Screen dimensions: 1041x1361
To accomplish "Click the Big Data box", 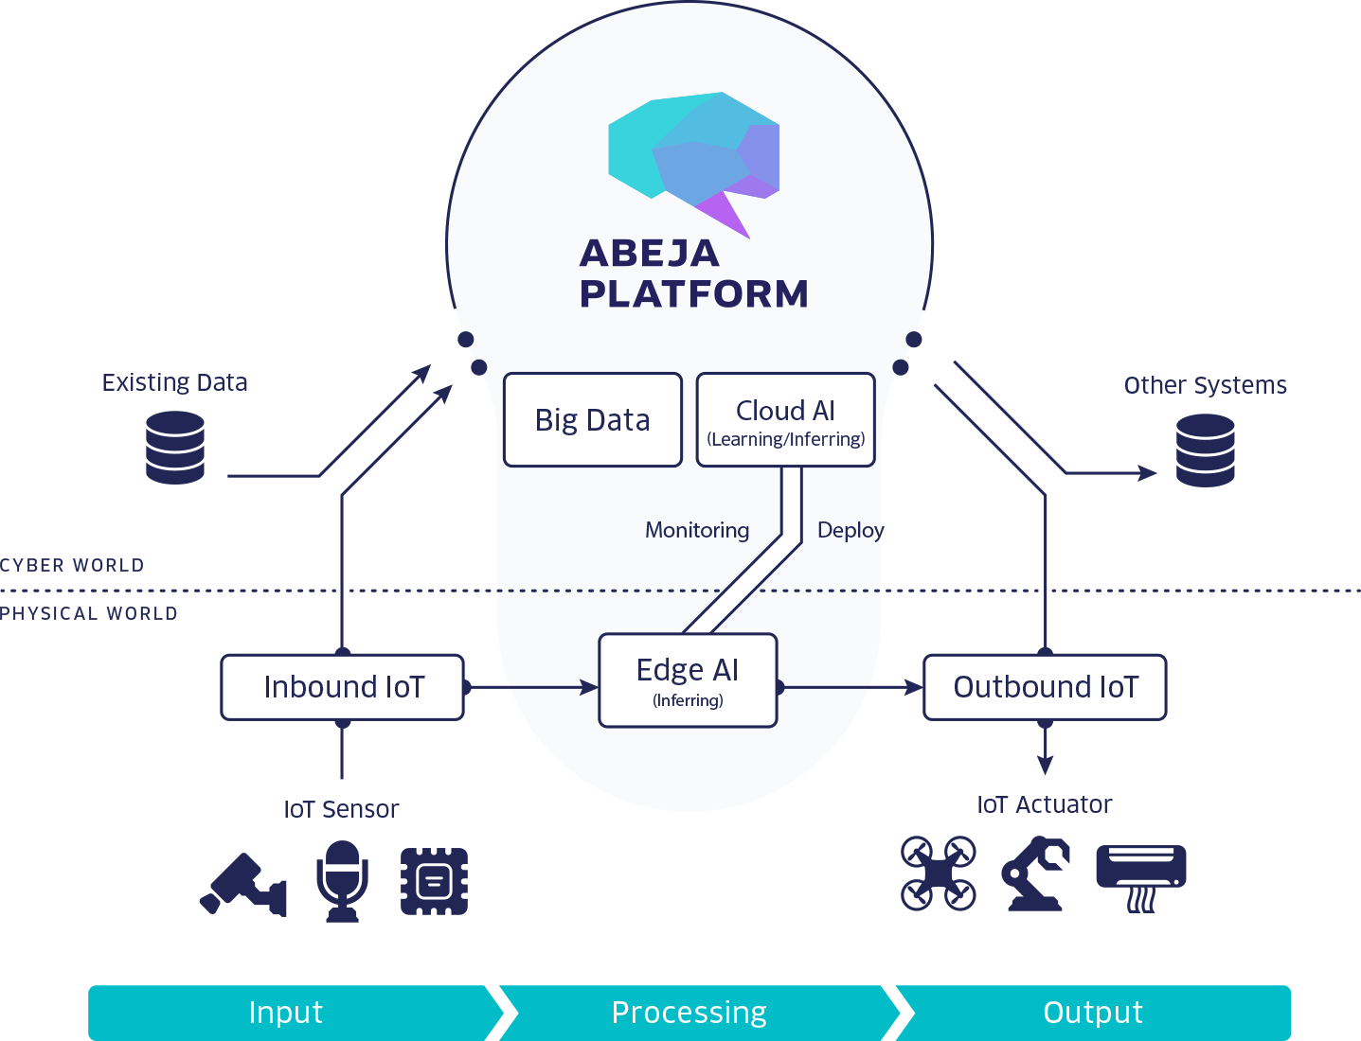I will tap(593, 419).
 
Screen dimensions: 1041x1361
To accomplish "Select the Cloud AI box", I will tap(785, 419).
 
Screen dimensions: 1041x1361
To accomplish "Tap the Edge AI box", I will tap(688, 680).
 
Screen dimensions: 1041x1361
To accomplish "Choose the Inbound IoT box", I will tap(343, 687).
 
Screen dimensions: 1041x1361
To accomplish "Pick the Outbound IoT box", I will tap(1045, 687).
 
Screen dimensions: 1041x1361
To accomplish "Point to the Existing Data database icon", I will tap(175, 448).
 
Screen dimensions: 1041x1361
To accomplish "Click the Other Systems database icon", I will tap(1205, 450).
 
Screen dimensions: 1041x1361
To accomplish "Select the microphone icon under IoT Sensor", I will tap(342, 881).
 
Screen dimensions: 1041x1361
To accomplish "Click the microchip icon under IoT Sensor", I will tap(434, 881).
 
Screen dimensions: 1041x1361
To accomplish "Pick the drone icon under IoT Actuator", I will tap(938, 873).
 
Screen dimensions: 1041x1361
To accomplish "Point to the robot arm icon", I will tap(1035, 873).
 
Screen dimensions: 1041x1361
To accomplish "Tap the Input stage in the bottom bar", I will tap(286, 1013).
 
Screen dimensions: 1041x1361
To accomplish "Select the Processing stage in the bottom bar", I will tap(689, 1013).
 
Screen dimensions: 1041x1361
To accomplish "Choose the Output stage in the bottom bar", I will tap(1093, 1013).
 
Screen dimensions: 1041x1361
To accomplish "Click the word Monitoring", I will tap(697, 530).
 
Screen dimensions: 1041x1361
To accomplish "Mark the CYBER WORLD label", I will tap(72, 565).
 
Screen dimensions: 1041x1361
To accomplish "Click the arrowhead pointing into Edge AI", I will tap(589, 687).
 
